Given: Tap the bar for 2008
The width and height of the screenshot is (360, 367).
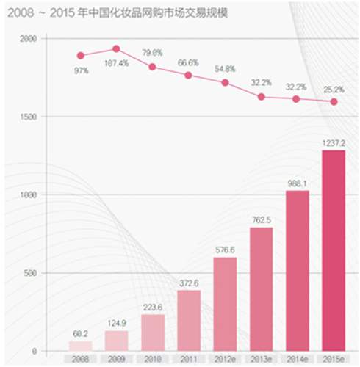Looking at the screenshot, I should pyautogui.click(x=81, y=345).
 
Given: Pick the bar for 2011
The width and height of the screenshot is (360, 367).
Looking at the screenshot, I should pyautogui.click(x=189, y=320).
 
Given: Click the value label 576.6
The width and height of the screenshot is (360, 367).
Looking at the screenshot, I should pyautogui.click(x=225, y=250).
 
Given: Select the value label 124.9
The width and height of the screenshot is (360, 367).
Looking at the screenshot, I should pyautogui.click(x=117, y=324).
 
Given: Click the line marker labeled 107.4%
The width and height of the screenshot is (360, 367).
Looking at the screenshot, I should pyautogui.click(x=116, y=49).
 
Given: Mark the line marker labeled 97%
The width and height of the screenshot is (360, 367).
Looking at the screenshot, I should pyautogui.click(x=81, y=55).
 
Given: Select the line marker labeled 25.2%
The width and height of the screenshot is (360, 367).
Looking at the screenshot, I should pyautogui.click(x=333, y=102).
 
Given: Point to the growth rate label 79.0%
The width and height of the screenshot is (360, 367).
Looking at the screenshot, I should pyautogui.click(x=152, y=52).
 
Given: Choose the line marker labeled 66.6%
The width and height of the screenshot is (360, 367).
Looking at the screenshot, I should pyautogui.click(x=189, y=75).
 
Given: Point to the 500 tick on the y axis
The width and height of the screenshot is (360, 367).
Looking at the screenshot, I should pyautogui.click(x=30, y=273).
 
